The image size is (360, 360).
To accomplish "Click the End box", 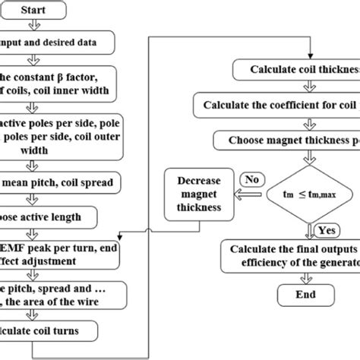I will (307, 295).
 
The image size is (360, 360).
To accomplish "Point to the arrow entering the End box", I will (307, 279).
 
